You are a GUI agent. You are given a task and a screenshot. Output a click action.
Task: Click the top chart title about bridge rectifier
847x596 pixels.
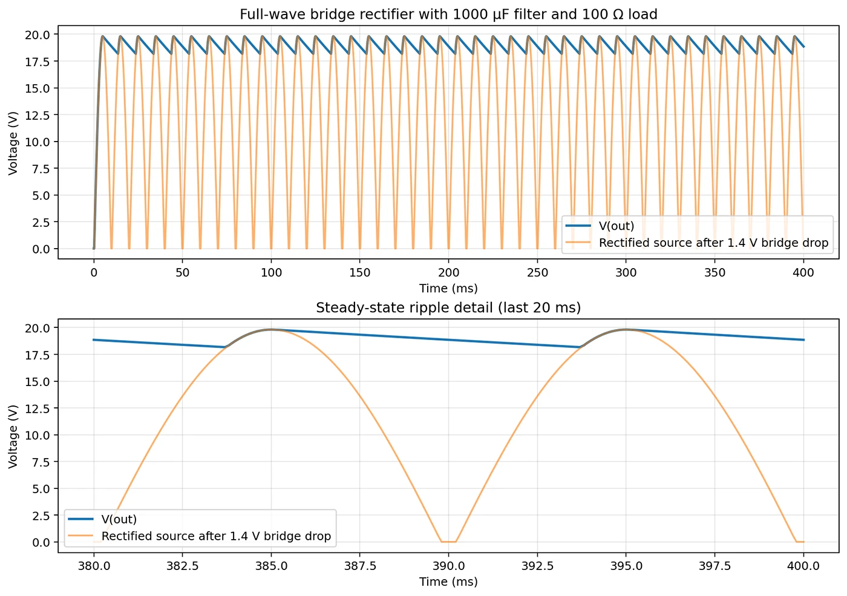pyautogui.click(x=448, y=14)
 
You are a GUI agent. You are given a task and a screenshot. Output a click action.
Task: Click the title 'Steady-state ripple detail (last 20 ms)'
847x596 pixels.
pyautogui.click(x=448, y=307)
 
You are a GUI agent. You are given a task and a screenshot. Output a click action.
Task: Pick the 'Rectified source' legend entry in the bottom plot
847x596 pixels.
pyautogui.click(x=216, y=536)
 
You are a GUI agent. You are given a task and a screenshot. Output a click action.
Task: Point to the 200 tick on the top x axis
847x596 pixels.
pyautogui.click(x=448, y=273)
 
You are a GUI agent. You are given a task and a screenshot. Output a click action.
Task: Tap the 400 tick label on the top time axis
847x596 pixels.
pyautogui.click(x=803, y=273)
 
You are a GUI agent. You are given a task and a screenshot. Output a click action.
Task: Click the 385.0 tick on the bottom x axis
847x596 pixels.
pyautogui.click(x=271, y=566)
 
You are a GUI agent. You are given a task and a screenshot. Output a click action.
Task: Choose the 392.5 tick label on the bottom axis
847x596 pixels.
pyautogui.click(x=537, y=566)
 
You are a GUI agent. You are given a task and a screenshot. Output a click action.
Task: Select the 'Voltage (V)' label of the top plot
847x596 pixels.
pyautogui.click(x=13, y=142)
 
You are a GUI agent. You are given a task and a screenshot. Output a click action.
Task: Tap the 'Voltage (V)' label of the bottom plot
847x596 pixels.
pyautogui.click(x=13, y=436)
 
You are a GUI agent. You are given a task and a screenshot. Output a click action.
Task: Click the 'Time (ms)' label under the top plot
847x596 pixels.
pyautogui.click(x=448, y=289)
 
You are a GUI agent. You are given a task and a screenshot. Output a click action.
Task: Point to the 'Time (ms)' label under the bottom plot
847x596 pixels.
pyautogui.click(x=448, y=581)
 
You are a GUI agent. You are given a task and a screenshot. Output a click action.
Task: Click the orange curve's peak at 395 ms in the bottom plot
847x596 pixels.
pyautogui.click(x=626, y=330)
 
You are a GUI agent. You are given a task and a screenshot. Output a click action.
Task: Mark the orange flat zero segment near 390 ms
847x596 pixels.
pyautogui.click(x=448, y=542)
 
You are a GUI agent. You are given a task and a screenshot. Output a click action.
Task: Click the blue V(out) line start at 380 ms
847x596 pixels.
pyautogui.click(x=94, y=340)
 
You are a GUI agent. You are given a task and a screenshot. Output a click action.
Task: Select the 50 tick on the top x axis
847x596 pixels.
pyautogui.click(x=182, y=273)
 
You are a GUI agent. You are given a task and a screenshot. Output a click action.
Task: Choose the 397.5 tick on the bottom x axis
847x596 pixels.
pyautogui.click(x=715, y=566)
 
